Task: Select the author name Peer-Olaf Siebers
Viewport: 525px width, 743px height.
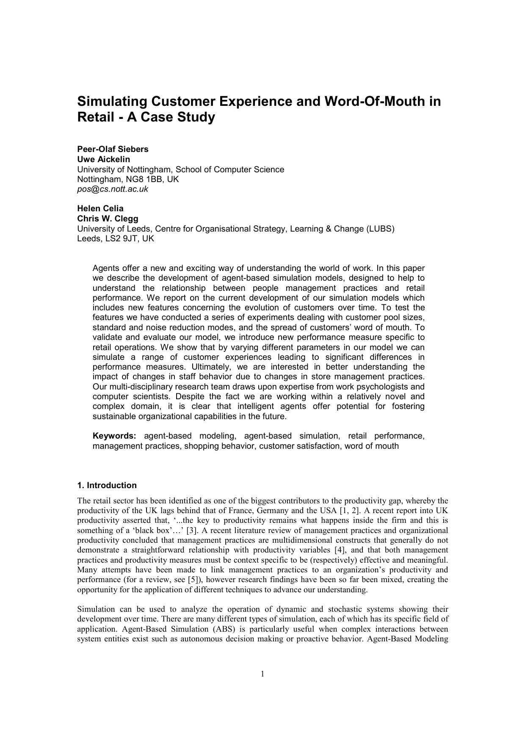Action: point(113,149)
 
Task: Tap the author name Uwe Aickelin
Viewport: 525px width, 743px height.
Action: point(103,159)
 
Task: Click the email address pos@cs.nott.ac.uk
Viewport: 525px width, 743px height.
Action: point(113,189)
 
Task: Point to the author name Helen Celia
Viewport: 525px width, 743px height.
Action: point(100,208)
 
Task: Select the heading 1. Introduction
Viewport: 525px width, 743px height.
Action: point(107,485)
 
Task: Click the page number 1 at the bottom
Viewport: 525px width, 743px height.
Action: point(262,674)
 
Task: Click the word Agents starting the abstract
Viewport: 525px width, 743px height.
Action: point(105,268)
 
